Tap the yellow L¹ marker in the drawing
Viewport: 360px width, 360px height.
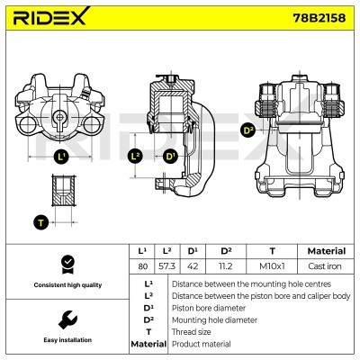[61, 157]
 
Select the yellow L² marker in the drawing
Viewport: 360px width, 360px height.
[136, 157]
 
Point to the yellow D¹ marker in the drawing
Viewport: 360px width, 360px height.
[170, 157]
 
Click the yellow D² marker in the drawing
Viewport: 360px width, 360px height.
[248, 130]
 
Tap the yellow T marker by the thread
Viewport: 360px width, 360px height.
[40, 221]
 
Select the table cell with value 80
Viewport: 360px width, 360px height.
[140, 266]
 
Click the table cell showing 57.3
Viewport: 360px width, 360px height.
[166, 266]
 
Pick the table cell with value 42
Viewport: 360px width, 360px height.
[192, 266]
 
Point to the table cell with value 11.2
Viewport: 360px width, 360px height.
[227, 266]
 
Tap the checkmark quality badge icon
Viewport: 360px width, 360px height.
[66, 263]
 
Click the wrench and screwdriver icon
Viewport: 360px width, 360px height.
[66, 319]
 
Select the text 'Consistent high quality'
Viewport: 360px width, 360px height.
[66, 284]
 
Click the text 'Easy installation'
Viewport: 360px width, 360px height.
[66, 340]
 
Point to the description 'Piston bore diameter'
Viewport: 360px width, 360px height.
[207, 307]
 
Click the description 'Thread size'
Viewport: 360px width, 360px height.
[193, 331]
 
